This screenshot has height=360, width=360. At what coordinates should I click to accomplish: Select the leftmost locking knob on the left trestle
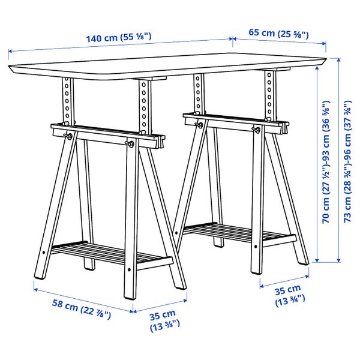pos(70,136)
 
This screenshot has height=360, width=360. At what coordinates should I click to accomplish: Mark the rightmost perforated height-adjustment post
pos(269,96)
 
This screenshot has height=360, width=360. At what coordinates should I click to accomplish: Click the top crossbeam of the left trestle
pos(108,134)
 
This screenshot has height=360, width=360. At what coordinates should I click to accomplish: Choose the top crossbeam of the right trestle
pos(234,122)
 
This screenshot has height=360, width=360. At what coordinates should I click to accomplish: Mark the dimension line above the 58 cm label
pos(82,300)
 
